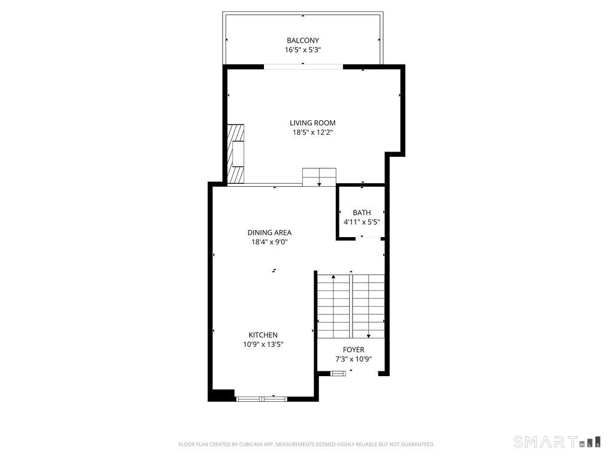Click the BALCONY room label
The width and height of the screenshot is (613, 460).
point(302,40)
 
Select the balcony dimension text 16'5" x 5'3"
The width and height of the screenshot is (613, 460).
point(302,50)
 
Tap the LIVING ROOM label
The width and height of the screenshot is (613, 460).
point(312,123)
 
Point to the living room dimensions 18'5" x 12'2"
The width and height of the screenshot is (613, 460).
point(312,132)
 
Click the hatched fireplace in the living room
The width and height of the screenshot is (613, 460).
point(236,154)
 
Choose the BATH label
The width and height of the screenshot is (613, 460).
point(362,213)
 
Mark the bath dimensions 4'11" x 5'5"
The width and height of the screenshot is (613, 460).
point(362,222)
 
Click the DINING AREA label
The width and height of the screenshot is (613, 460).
point(269,233)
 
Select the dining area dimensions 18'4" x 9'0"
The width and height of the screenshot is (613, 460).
point(269,242)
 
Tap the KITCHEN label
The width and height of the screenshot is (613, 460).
point(263,335)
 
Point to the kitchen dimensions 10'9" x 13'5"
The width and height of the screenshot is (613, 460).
point(263,344)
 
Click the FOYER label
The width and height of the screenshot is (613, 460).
point(353,350)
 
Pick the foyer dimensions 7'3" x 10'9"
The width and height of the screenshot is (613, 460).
point(353,359)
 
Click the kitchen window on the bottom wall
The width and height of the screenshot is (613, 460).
point(262,399)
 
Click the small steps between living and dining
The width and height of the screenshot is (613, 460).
point(319,177)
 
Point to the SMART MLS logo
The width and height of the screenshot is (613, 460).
point(557,441)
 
